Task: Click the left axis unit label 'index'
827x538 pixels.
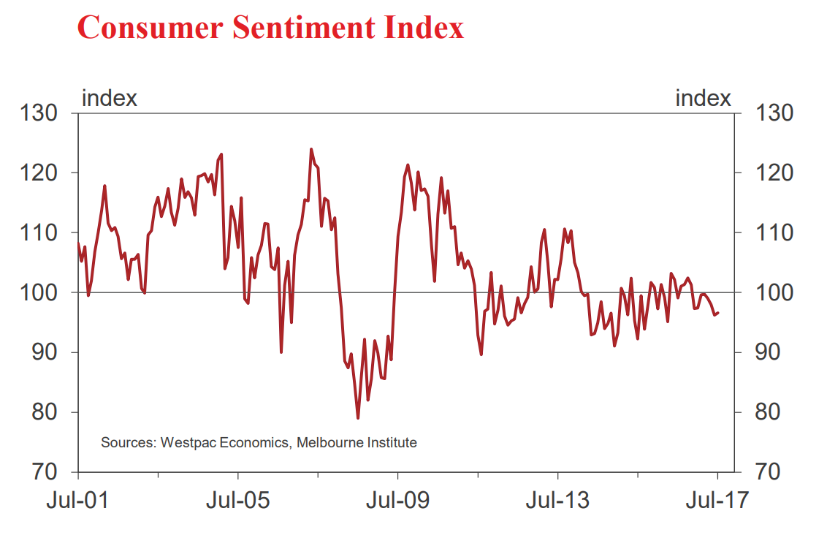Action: (x=109, y=98)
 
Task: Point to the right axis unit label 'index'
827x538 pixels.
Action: (x=703, y=98)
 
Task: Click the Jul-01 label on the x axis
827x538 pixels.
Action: (x=77, y=501)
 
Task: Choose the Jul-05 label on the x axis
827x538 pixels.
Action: (x=238, y=501)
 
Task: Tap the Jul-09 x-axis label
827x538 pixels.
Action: (x=397, y=501)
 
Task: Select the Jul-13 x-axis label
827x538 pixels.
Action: (x=557, y=501)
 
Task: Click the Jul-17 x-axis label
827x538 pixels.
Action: (x=717, y=501)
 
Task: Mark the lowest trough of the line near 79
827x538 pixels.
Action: (x=358, y=417)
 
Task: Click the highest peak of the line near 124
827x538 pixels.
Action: (x=311, y=149)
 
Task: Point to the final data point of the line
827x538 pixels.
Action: (x=718, y=313)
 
